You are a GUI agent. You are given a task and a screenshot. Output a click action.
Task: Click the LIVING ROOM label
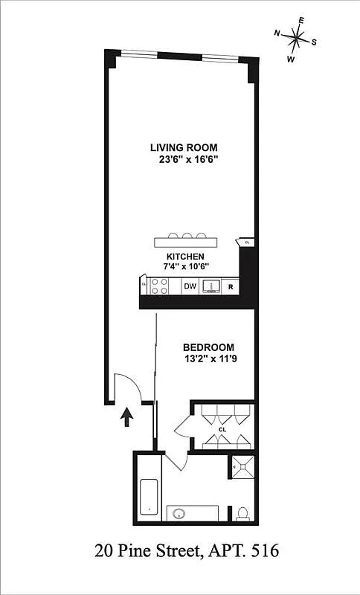pyautogui.click(x=184, y=147)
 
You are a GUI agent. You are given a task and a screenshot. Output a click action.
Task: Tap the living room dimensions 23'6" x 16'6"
pyautogui.click(x=184, y=158)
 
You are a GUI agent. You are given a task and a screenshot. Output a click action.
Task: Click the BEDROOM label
pyautogui.click(x=209, y=347)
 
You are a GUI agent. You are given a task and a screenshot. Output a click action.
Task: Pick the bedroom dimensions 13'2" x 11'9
pyautogui.click(x=209, y=358)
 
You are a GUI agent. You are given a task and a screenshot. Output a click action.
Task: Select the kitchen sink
pyautogui.click(x=210, y=286)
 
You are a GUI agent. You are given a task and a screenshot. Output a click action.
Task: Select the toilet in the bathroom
pyautogui.click(x=242, y=512)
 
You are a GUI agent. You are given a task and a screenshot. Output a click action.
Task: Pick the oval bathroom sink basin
pyautogui.click(x=179, y=513)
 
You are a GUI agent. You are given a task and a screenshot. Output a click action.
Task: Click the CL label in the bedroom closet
pyautogui.click(x=222, y=429)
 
